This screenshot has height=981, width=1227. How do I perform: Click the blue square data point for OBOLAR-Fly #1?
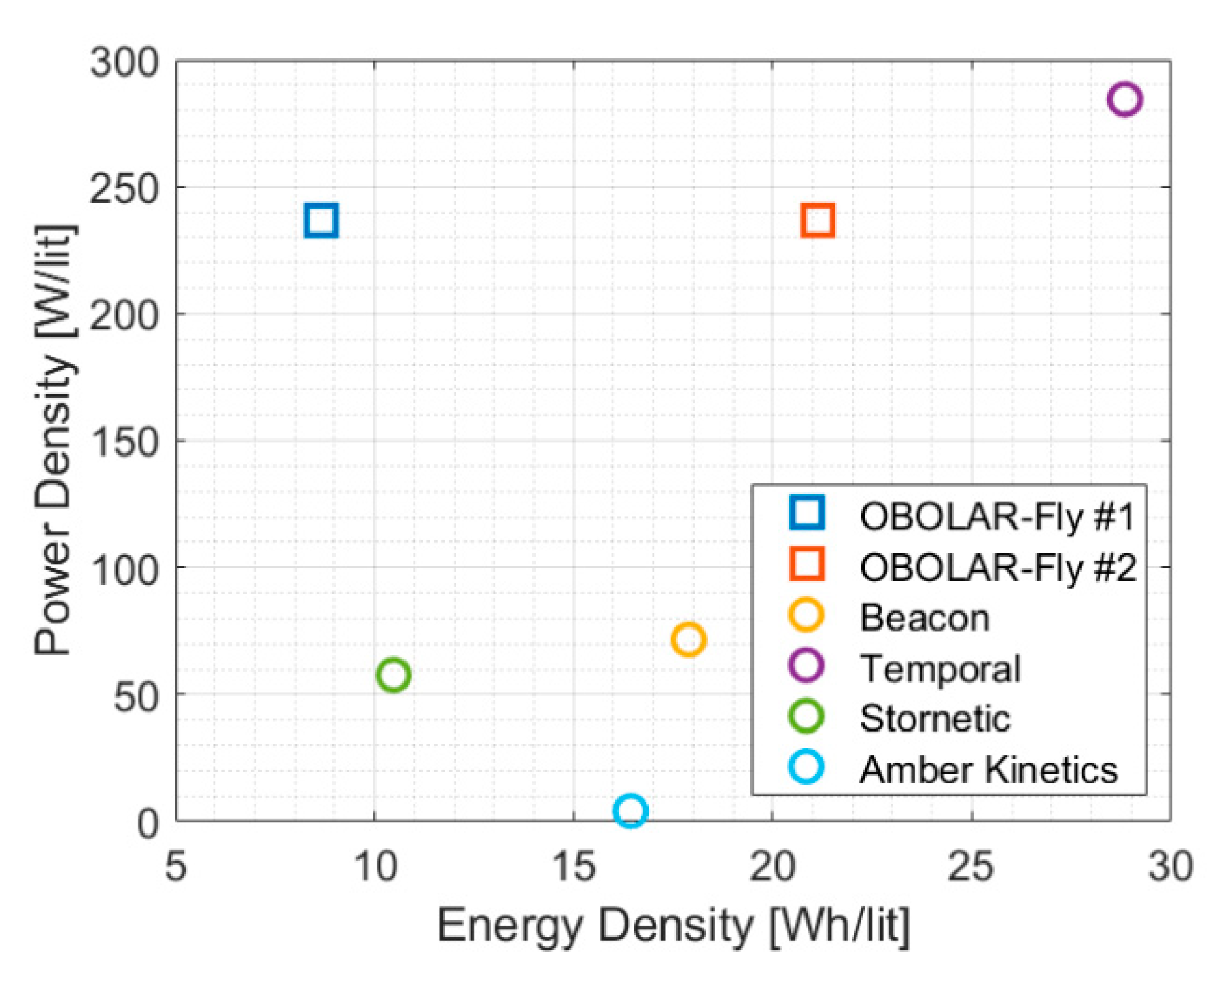coord(321,220)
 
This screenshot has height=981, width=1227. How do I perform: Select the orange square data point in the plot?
coord(818,220)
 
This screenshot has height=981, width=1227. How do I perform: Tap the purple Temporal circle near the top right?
coord(1124,99)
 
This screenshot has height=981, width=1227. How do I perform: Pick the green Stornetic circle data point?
coord(393,675)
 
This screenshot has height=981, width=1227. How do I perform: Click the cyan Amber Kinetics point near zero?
coord(630,810)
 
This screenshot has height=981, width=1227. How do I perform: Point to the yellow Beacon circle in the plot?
coord(688,640)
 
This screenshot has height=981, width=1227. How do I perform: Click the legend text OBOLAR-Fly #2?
coord(997,568)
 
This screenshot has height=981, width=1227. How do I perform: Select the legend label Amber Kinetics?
coord(988,770)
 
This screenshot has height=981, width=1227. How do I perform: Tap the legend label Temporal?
coord(940,669)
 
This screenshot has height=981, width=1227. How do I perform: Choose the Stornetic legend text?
coord(935,719)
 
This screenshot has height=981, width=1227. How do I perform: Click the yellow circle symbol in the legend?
coord(806,615)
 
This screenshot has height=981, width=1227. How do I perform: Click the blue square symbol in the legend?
coord(807,513)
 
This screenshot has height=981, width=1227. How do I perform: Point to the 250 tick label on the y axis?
coord(124,190)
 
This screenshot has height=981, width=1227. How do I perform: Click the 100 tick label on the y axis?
coord(124,570)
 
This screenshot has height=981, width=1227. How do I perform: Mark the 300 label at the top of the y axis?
coord(124,63)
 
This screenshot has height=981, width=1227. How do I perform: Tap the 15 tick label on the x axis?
coord(574,867)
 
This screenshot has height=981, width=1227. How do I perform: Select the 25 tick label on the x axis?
coord(971,867)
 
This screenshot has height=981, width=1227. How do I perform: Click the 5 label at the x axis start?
coord(176,867)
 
